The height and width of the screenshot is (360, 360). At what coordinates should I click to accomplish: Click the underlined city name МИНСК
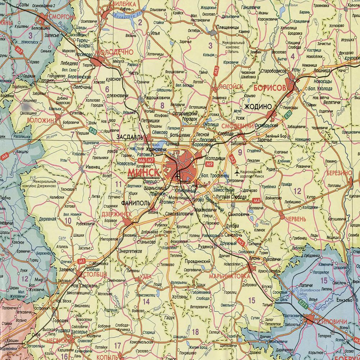143,172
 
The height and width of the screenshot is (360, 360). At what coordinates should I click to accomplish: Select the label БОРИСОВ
269,88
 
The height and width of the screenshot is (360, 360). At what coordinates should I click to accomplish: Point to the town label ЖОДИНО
258,106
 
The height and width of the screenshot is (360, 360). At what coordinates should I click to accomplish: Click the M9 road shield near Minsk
210,164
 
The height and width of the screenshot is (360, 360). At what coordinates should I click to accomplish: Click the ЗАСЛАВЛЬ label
130,137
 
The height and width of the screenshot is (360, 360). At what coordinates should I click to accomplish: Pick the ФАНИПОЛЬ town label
136,203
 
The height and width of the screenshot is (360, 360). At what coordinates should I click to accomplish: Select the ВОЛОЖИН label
40,120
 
